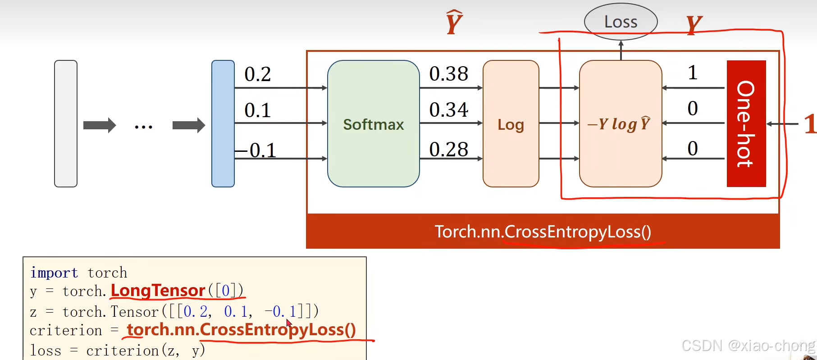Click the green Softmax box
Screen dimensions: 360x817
click(373, 124)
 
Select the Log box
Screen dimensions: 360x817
click(511, 124)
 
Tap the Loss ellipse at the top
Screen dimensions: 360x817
click(621, 22)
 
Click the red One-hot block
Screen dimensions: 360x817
click(746, 123)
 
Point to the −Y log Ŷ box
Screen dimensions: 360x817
click(620, 124)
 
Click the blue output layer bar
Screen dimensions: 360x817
click(223, 123)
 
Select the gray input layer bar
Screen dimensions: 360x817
click(66, 123)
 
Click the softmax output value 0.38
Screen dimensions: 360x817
click(448, 74)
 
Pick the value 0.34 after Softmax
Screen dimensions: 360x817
click(448, 110)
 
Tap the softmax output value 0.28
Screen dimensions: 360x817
click(448, 150)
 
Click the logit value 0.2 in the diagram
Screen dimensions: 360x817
click(257, 74)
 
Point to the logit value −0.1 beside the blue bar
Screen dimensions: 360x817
click(256, 150)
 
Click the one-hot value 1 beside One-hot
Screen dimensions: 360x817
click(693, 73)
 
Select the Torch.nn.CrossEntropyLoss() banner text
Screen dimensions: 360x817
click(543, 232)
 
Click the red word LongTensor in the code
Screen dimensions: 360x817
click(158, 291)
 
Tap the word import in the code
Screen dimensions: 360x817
click(54, 273)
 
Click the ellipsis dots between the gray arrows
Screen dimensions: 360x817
click(143, 127)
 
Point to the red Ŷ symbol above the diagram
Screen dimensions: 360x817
click(454, 23)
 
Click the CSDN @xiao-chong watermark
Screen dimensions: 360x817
click(748, 346)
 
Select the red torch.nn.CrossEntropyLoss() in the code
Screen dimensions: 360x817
click(241, 330)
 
